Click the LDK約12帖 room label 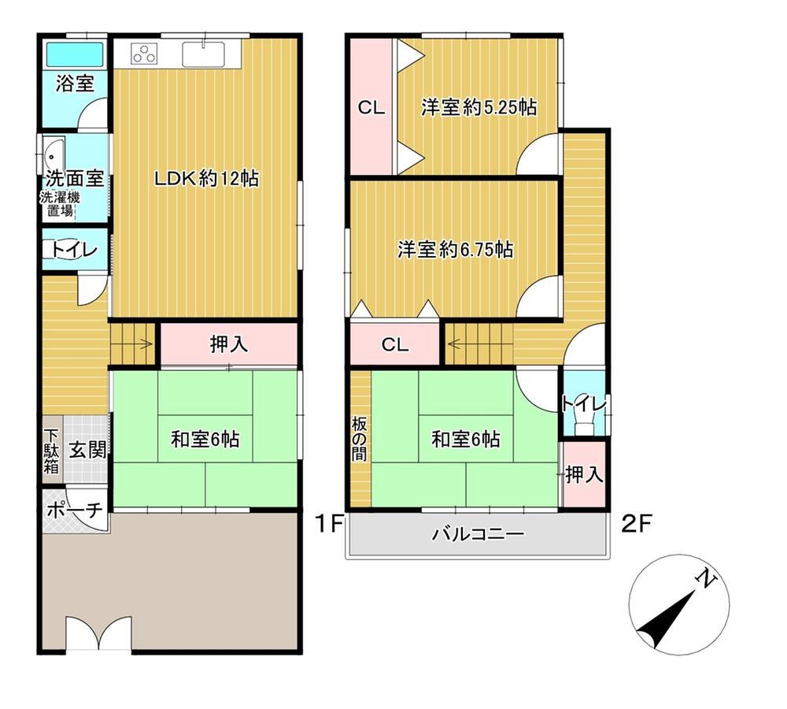coord(206,178)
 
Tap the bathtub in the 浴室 coord(75,54)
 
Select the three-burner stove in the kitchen coord(145,54)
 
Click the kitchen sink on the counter coord(203,54)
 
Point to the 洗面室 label coord(75,178)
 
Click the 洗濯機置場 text coord(61,204)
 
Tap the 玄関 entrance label coord(87,450)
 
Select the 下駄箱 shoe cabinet coord(52,451)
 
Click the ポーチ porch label coord(75,510)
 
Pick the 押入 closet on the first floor coord(229,344)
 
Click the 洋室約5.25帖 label coord(478,107)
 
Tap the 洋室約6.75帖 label coord(455,249)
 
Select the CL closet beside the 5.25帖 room coord(371,107)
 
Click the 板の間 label coord(360,439)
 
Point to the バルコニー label coord(478,533)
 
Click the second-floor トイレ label coord(584,403)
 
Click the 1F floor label coord(329,524)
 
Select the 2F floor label coord(637,524)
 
